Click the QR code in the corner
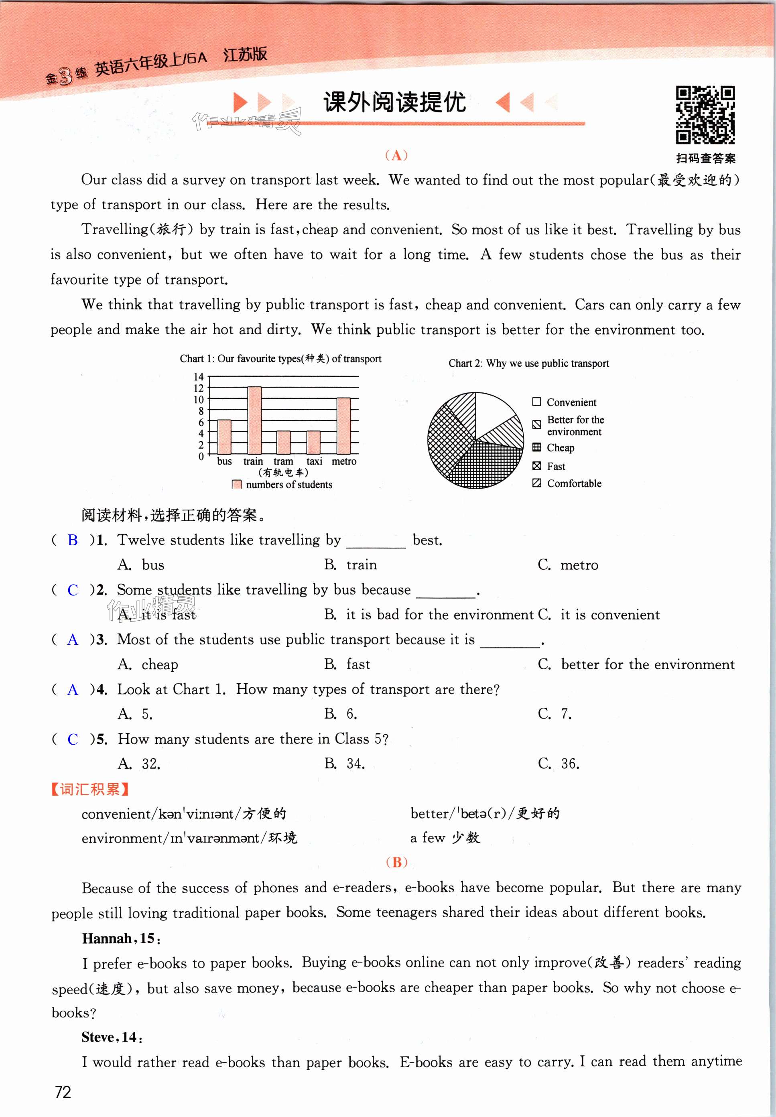[x=705, y=115]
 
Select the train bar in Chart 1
[x=254, y=420]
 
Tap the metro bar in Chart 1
[x=344, y=426]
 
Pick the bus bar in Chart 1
[x=224, y=437]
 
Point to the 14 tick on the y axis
[x=198, y=377]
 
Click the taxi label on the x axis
[x=314, y=461]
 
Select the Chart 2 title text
[x=528, y=364]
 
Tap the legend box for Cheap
[x=537, y=448]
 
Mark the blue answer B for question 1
[x=73, y=540]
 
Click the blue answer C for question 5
[x=73, y=739]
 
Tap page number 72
[x=63, y=1092]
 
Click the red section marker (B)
[x=396, y=862]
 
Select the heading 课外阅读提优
[x=394, y=103]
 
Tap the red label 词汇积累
[x=90, y=789]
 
